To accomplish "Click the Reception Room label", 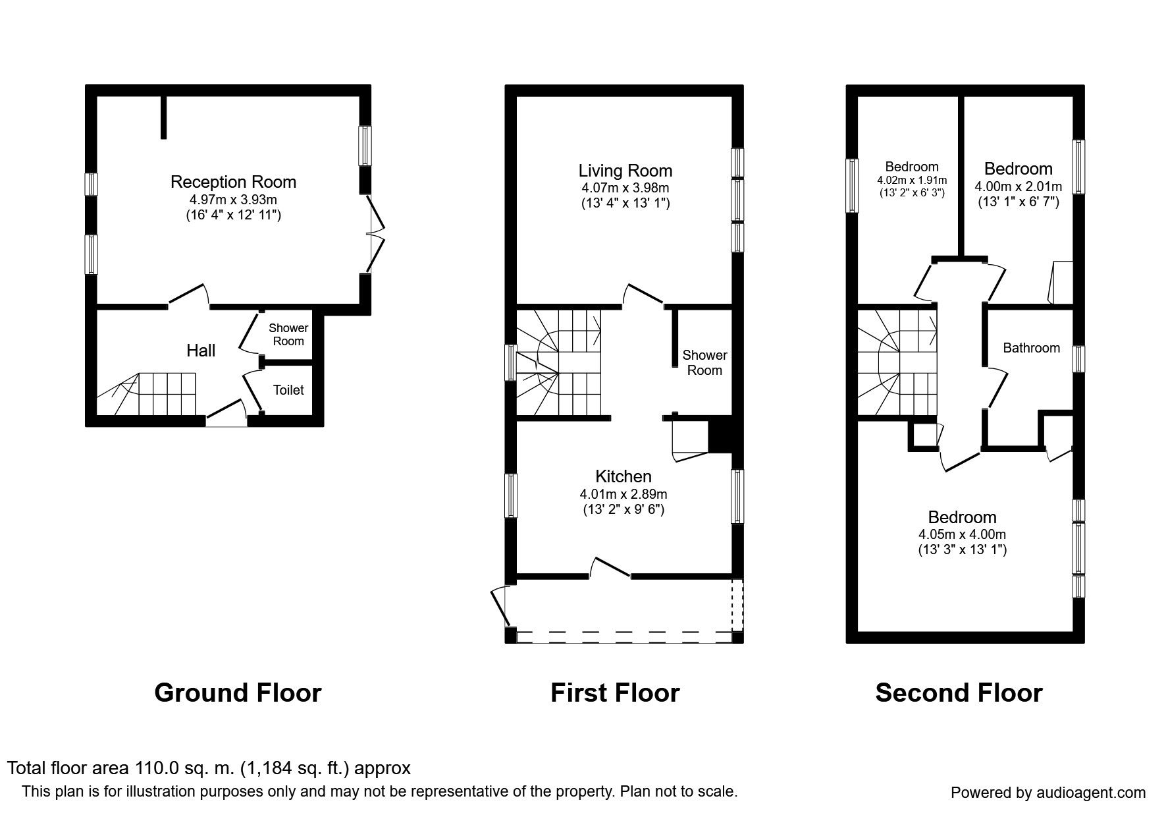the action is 233,182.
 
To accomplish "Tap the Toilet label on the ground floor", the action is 288,390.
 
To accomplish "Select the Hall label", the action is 201,351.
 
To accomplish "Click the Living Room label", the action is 625,171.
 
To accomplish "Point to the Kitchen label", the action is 623,476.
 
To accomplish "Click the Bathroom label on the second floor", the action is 1031,348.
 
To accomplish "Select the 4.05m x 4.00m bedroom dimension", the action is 962,534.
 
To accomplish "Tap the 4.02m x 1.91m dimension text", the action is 912,180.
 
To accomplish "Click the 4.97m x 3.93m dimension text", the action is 233,200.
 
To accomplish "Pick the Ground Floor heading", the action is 238,693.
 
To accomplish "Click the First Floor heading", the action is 615,693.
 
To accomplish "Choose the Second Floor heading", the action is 959,693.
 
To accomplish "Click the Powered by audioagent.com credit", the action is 1048,793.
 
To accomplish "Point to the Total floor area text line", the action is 209,768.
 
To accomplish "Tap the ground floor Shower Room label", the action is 288,334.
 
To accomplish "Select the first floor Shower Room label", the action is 704,363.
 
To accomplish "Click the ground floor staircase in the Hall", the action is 147,394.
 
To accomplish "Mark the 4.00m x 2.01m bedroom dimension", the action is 1018,186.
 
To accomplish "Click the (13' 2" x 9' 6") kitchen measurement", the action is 623,509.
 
